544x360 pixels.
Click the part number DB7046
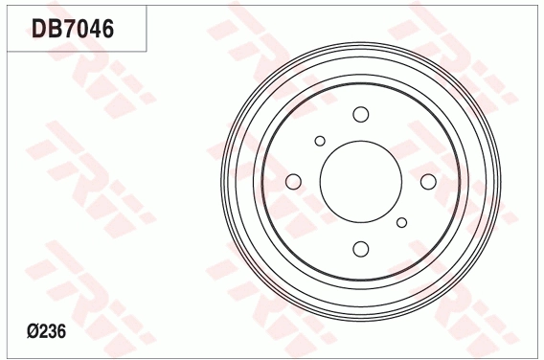(x=73, y=29)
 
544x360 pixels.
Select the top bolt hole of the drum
(x=361, y=115)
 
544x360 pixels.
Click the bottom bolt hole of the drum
(x=361, y=249)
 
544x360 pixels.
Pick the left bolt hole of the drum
(x=294, y=182)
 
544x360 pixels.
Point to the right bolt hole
(x=428, y=182)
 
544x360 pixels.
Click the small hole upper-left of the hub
(x=320, y=141)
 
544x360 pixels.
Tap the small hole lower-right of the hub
(x=402, y=223)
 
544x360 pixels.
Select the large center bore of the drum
(x=361, y=182)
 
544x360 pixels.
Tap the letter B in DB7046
(x=54, y=29)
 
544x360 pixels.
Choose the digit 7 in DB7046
(x=67, y=29)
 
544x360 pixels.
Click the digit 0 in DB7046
(x=80, y=29)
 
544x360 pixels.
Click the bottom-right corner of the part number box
(x=146, y=50)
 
